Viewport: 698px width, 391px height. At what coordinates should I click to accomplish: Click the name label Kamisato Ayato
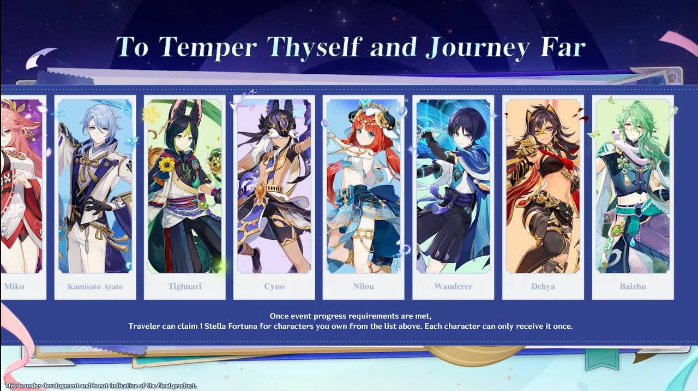click(x=95, y=287)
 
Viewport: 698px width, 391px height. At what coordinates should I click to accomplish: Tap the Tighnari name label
click(x=185, y=287)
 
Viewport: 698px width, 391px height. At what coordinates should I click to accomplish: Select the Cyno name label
click(x=274, y=287)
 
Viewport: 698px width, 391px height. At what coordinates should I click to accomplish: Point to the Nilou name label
click(x=364, y=287)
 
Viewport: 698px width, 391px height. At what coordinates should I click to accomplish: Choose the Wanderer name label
click(x=453, y=287)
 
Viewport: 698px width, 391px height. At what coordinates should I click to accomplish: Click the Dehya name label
click(x=543, y=287)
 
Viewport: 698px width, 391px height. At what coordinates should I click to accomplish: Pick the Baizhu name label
click(x=633, y=287)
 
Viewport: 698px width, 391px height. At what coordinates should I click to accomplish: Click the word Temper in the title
click(x=208, y=48)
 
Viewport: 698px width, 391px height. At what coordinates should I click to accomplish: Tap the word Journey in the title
click(x=477, y=48)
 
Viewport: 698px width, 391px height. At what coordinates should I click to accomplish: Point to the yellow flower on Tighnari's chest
click(x=167, y=164)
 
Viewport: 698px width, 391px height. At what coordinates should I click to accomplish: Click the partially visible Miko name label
click(x=14, y=287)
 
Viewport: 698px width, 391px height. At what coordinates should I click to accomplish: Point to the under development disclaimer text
click(x=101, y=386)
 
